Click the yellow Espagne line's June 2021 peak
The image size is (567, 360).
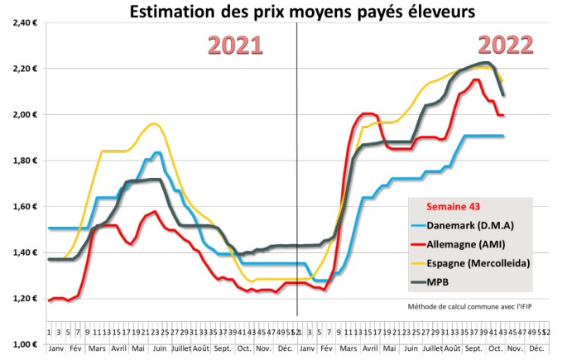(x=153, y=124)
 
